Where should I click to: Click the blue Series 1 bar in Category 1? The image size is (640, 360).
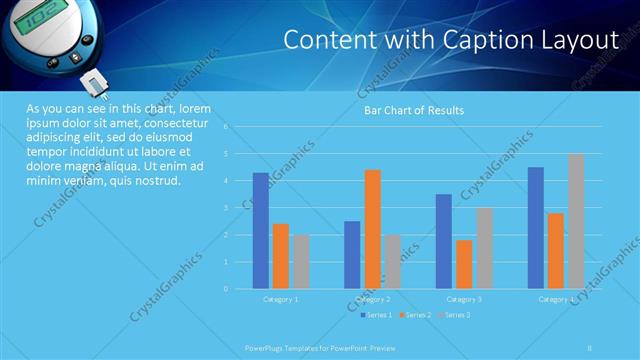[261, 230]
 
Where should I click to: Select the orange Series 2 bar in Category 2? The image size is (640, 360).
[372, 229]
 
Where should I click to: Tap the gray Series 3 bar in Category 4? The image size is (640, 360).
[576, 221]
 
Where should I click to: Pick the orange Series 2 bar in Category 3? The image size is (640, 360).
[464, 264]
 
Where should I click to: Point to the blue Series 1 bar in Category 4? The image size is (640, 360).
[535, 228]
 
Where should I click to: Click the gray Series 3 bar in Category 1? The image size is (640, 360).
[301, 261]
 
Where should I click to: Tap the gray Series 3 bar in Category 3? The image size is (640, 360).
[484, 248]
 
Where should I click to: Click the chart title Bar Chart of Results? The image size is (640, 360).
[413, 110]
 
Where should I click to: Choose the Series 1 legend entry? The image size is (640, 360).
[377, 315]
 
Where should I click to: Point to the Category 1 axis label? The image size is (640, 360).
[281, 299]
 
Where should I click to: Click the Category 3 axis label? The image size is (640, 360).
[464, 299]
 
